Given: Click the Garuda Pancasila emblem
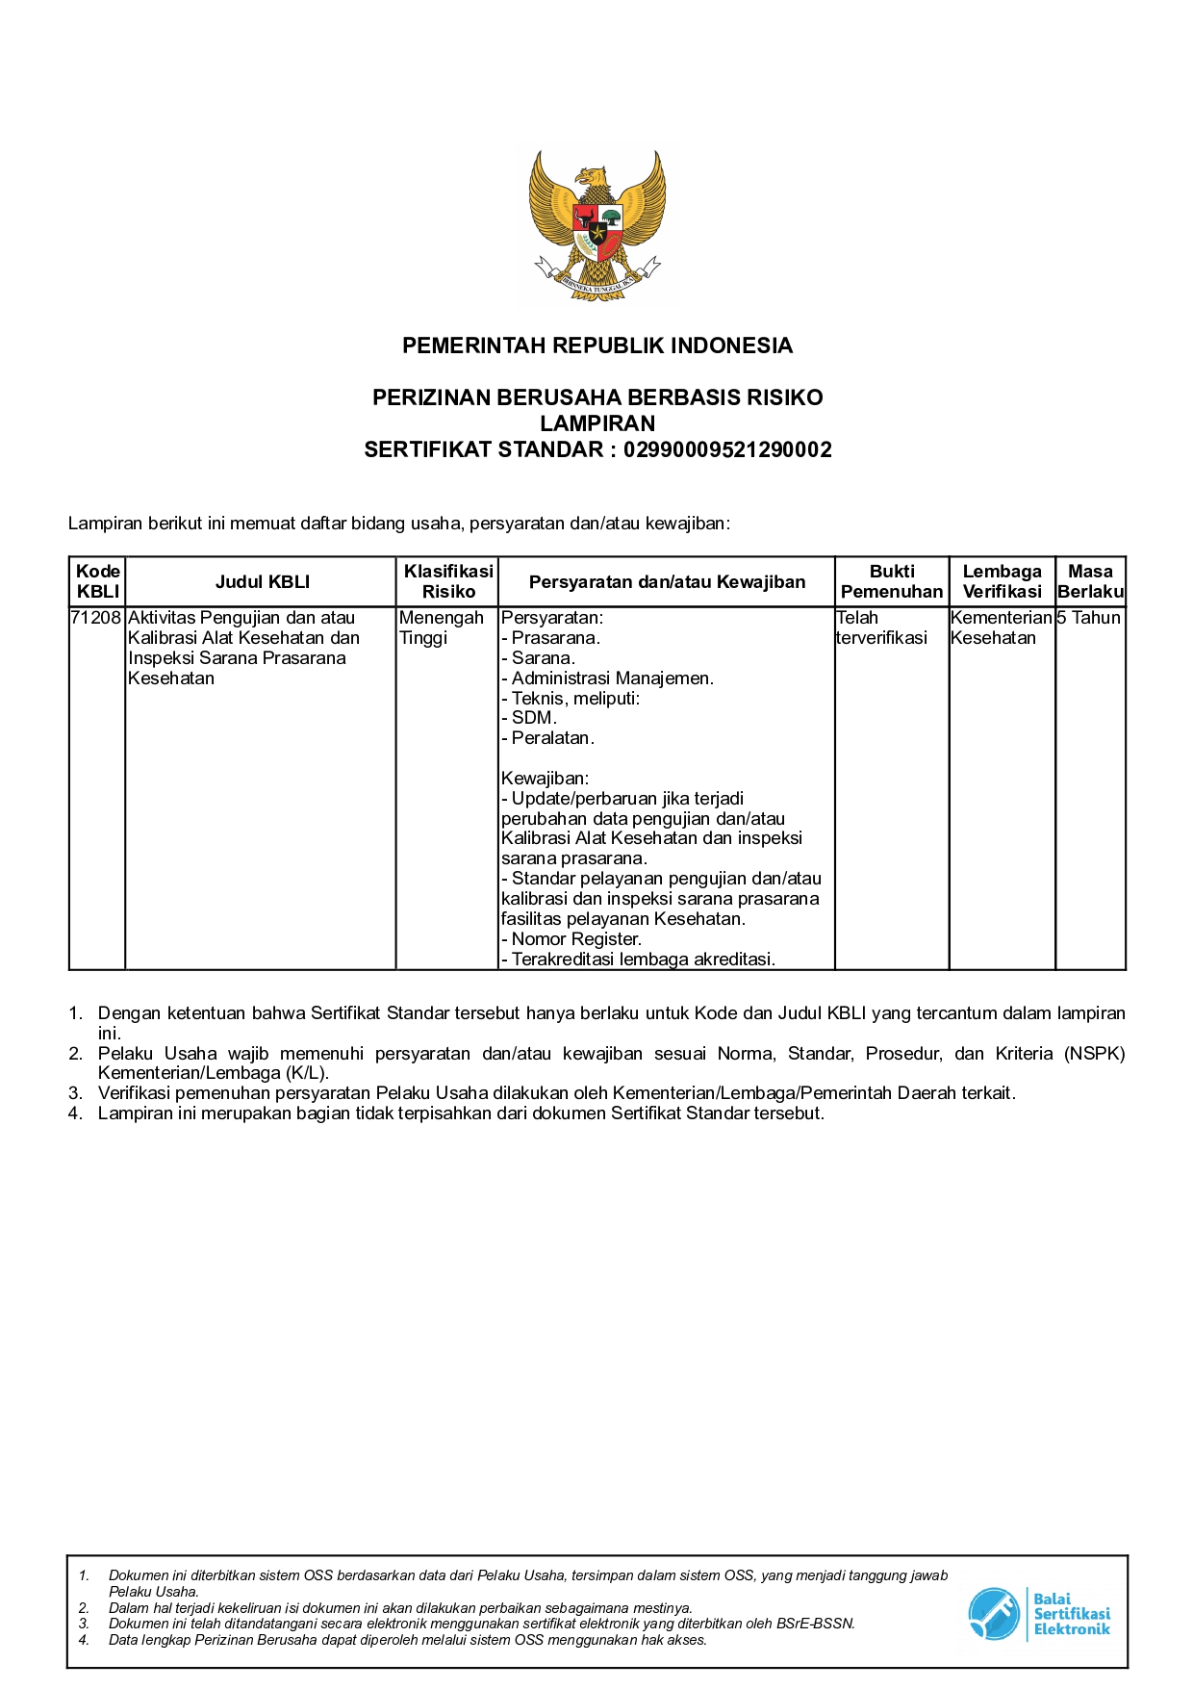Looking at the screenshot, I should (x=596, y=227).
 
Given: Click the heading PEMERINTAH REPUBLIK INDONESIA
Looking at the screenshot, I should (x=596, y=345).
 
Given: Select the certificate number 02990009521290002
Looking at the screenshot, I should (x=727, y=449).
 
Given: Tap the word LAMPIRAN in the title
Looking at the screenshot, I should (x=596, y=423).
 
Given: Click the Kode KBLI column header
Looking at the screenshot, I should (x=97, y=581).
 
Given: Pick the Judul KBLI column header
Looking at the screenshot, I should (x=262, y=581).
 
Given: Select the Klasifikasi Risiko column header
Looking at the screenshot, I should (x=448, y=581).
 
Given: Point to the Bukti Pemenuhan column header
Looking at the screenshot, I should (x=892, y=581).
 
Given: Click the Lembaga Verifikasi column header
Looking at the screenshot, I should (x=1002, y=581).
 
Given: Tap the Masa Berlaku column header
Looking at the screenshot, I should (x=1090, y=581).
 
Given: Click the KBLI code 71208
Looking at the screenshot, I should (x=96, y=618).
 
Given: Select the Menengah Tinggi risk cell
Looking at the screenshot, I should (x=441, y=627).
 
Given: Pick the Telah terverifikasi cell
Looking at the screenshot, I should (x=881, y=627).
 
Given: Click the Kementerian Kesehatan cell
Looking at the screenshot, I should (x=1001, y=627).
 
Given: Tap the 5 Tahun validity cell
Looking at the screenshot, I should (x=1089, y=618).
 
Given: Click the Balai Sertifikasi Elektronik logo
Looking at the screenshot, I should (x=1039, y=1614).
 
